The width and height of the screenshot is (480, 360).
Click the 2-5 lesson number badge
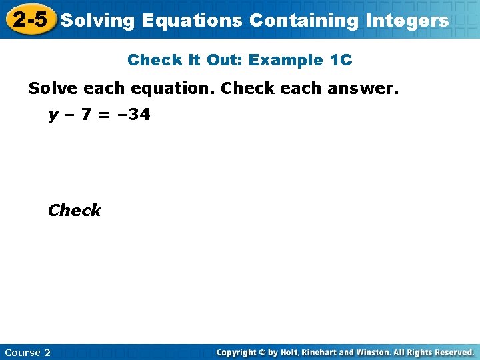[x=30, y=20]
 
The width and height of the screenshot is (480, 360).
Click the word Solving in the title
[x=98, y=21]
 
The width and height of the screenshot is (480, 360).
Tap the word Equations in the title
[x=192, y=21]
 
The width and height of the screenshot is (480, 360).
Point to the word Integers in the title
[x=407, y=21]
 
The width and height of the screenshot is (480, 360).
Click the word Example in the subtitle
[x=286, y=60]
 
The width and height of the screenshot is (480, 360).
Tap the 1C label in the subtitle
[x=341, y=60]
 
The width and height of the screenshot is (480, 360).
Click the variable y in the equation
[x=53, y=116]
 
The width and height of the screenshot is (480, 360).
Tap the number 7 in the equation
[x=85, y=115]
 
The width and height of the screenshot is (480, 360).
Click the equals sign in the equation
[x=104, y=115]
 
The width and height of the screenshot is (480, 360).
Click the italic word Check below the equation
[x=74, y=210]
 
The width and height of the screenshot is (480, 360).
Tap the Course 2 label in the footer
[x=27, y=352]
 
